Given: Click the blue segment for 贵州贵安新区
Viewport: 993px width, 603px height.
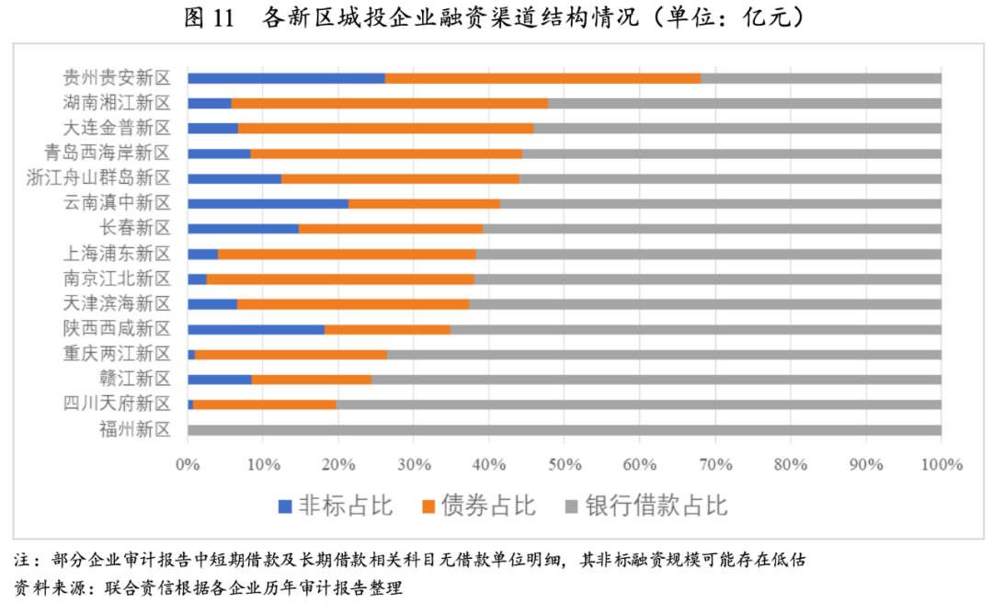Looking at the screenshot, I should pyautogui.click(x=286, y=78).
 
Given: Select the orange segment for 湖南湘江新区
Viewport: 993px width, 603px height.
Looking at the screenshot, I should pyautogui.click(x=390, y=103).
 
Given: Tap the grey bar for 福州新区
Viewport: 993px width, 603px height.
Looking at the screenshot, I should pyautogui.click(x=564, y=429).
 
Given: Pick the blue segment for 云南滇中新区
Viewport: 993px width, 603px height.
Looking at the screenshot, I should pyautogui.click(x=268, y=203).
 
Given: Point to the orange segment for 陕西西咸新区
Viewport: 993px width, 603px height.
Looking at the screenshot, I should pyautogui.click(x=387, y=329).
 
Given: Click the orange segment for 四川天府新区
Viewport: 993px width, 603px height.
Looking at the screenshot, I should pyautogui.click(x=265, y=404).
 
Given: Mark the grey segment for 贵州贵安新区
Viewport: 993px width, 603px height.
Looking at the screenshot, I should pyautogui.click(x=820, y=78).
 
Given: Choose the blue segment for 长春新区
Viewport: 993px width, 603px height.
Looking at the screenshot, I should pyautogui.click(x=243, y=228).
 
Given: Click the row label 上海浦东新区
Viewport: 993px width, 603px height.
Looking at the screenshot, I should pyautogui.click(x=117, y=253).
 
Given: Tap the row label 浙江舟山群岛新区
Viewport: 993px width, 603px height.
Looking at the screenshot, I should pyautogui.click(x=98, y=177).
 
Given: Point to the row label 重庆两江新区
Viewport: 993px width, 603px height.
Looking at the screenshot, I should pyautogui.click(x=117, y=354).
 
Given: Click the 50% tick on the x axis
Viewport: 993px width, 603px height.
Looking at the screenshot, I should pyautogui.click(x=564, y=464).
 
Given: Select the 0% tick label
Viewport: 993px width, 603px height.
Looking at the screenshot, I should pyautogui.click(x=188, y=464).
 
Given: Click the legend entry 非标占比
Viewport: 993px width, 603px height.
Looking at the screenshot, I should pyautogui.click(x=337, y=505).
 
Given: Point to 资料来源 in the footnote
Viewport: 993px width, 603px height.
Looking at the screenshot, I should pyautogui.click(x=41, y=586).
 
